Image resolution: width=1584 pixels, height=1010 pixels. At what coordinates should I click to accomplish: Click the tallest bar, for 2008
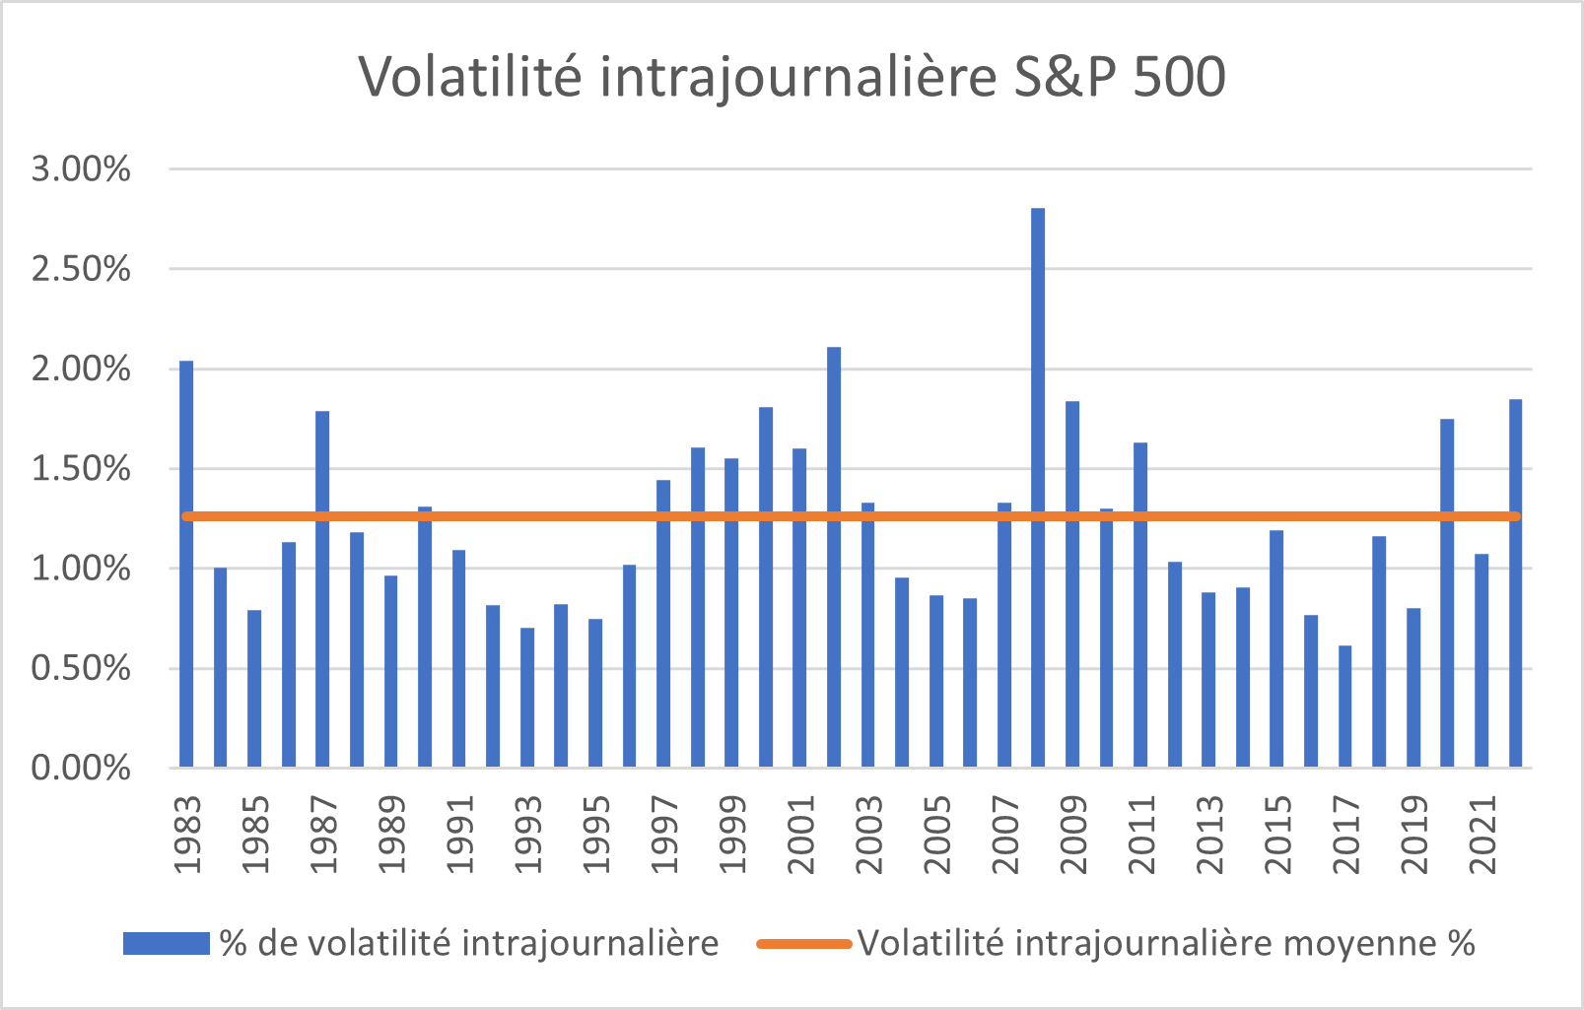(1038, 488)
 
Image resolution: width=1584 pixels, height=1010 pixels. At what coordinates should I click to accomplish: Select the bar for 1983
(186, 564)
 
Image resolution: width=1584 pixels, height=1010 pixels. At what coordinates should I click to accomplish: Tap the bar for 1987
(322, 589)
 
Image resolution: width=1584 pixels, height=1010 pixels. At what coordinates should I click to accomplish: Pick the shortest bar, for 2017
(1344, 706)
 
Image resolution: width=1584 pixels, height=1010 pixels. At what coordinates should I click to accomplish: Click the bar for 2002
(834, 557)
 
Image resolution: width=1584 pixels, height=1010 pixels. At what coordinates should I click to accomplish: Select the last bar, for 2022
(1515, 583)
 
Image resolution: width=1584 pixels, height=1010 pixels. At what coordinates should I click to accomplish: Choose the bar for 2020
(1447, 593)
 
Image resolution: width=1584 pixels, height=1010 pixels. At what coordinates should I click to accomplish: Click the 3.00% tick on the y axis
(81, 168)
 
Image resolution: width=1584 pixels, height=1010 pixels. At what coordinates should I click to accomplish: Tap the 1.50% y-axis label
(81, 469)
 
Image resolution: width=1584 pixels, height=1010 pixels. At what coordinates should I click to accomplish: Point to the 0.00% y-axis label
(81, 768)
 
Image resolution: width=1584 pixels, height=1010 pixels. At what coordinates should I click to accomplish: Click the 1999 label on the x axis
(732, 836)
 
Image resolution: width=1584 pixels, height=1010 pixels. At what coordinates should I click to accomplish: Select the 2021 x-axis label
(1481, 836)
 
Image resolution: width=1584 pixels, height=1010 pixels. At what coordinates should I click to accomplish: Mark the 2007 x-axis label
(1004, 836)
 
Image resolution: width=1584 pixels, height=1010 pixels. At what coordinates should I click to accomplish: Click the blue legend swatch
(166, 944)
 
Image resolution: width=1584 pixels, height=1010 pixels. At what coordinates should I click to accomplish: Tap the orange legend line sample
(803, 944)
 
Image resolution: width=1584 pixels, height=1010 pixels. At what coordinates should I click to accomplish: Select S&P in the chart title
(1066, 77)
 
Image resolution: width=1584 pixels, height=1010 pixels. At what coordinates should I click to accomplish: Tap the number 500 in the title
(1179, 77)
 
